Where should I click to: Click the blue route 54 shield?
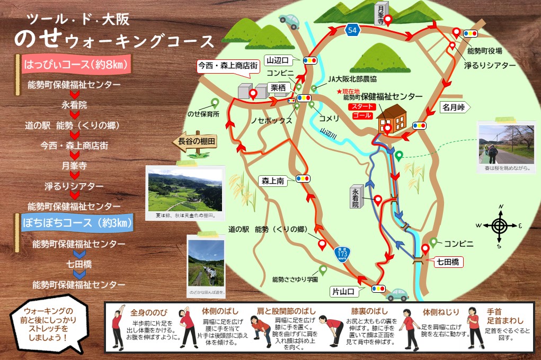tap(353, 30)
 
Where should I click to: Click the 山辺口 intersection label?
tap(277, 60)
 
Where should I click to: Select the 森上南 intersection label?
tap(272, 181)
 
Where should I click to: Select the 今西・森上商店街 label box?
tap(228, 66)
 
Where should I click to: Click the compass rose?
tap(499, 226)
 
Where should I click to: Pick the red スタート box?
tap(360, 106)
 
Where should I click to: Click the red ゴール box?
tap(360, 115)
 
